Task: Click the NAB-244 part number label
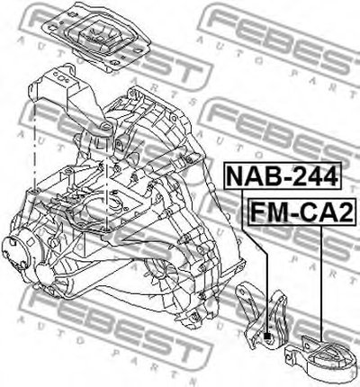point(283,175)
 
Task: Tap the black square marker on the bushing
point(267,337)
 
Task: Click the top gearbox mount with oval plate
point(96,37)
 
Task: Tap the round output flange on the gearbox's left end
point(16,252)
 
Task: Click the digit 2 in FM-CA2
point(346,211)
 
